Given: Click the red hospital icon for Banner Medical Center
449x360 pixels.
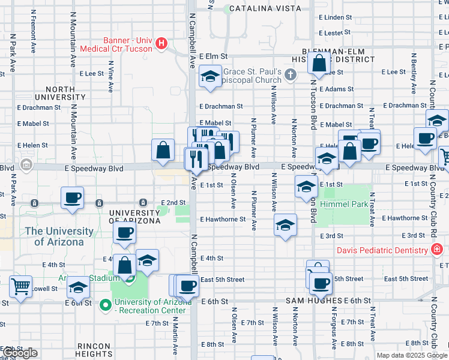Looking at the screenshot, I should pos(161,43).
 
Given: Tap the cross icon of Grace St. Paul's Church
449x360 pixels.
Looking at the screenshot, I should pos(291,75).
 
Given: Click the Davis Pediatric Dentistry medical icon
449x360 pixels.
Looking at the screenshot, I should pos(438,250).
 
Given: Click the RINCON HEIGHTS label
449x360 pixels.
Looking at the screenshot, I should pos(94,350).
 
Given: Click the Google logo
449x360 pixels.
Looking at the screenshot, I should pos(19,353).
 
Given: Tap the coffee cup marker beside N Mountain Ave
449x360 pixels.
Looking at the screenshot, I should pos(72,197).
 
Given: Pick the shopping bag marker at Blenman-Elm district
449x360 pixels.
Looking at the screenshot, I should pos(320,62).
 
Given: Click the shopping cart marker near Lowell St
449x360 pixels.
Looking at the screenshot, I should pos(21,286).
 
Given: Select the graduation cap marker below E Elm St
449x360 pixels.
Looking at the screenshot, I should pos(210,76).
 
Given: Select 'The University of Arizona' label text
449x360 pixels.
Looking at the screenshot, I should pos(59,236).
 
